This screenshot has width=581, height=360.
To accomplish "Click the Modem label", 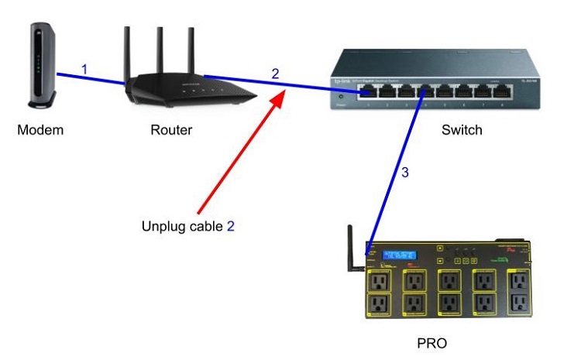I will [x=40, y=130].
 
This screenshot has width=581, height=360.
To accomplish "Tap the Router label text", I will [x=171, y=130].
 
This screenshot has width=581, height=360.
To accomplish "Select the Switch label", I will [x=462, y=130].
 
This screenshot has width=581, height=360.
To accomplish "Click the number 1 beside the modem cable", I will [x=84, y=70].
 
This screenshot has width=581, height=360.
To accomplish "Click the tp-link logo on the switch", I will [x=342, y=81].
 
